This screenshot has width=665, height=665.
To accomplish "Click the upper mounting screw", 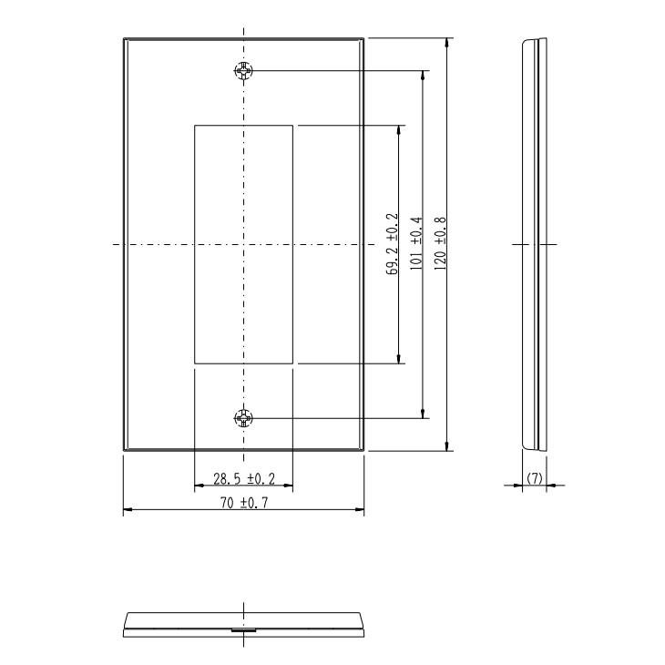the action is point(244,70).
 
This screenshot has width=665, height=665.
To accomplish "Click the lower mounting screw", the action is point(243,418).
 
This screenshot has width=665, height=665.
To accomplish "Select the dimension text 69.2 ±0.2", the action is point(393,244).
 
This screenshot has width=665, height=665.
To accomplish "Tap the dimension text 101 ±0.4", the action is point(416,243).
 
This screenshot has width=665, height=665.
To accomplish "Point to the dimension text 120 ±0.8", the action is point(440,244).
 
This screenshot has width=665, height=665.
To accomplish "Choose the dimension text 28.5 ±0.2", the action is point(244,479).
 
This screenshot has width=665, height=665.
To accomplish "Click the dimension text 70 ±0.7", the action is point(244,503).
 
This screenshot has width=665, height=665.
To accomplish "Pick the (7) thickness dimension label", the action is point(535,478).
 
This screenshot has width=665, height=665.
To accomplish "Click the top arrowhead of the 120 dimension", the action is point(446,43).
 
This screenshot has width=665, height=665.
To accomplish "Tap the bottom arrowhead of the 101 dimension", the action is point(423,414).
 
